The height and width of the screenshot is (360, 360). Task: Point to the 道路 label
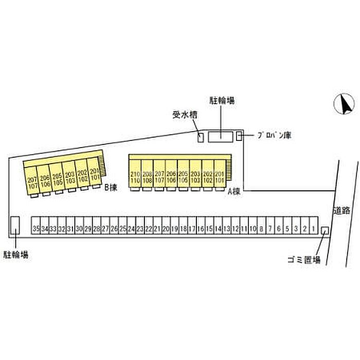(x=341, y=210)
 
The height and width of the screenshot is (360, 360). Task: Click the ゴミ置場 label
(x=304, y=260)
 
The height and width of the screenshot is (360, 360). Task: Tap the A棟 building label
(x=235, y=192)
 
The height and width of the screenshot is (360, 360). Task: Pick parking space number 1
(x=313, y=228)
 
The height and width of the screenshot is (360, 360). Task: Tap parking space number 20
(x=166, y=228)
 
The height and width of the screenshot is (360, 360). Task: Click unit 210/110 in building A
(x=135, y=177)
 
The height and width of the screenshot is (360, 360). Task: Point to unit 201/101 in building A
(x=220, y=177)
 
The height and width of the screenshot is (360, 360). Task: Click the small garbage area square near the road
(x=325, y=230)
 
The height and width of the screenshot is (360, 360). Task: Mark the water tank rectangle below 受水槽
(x=201, y=136)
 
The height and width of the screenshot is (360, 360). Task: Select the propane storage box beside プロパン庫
(x=239, y=136)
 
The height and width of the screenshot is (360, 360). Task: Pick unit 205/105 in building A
(x=183, y=177)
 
